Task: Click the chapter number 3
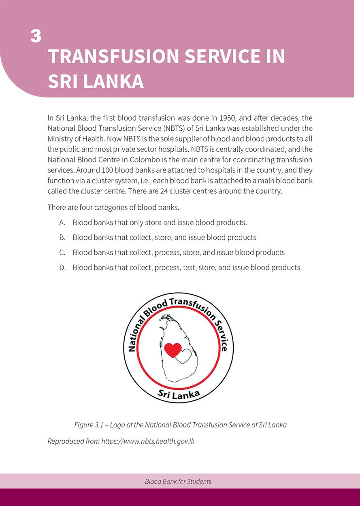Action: point(36,36)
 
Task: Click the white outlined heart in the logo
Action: point(184,356)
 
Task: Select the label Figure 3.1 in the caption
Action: point(89,425)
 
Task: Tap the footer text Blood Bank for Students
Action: point(178,482)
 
